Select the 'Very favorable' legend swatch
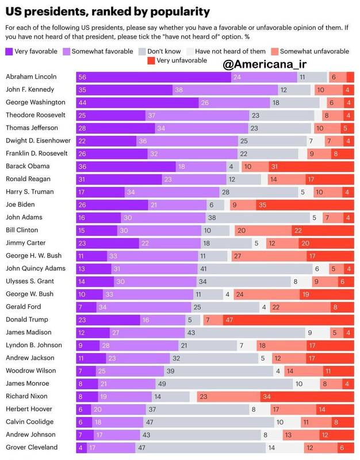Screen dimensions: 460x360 pyautogui.click(x=9, y=52)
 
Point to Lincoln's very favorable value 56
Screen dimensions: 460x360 pyautogui.click(x=83, y=77)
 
